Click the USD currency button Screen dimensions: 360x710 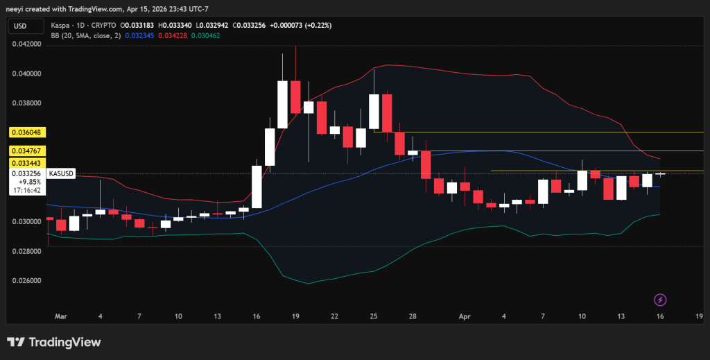coord(20,26)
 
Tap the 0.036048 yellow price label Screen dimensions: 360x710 coord(26,132)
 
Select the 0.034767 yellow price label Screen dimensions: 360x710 coord(26,151)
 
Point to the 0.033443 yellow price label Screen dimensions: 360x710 coord(26,162)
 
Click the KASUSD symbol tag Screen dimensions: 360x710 coord(60,173)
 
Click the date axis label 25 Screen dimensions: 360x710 coord(374,316)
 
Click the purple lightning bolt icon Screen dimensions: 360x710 coord(661,300)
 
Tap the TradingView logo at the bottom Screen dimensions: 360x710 coord(54,342)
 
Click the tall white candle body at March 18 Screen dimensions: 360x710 coord(282,104)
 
